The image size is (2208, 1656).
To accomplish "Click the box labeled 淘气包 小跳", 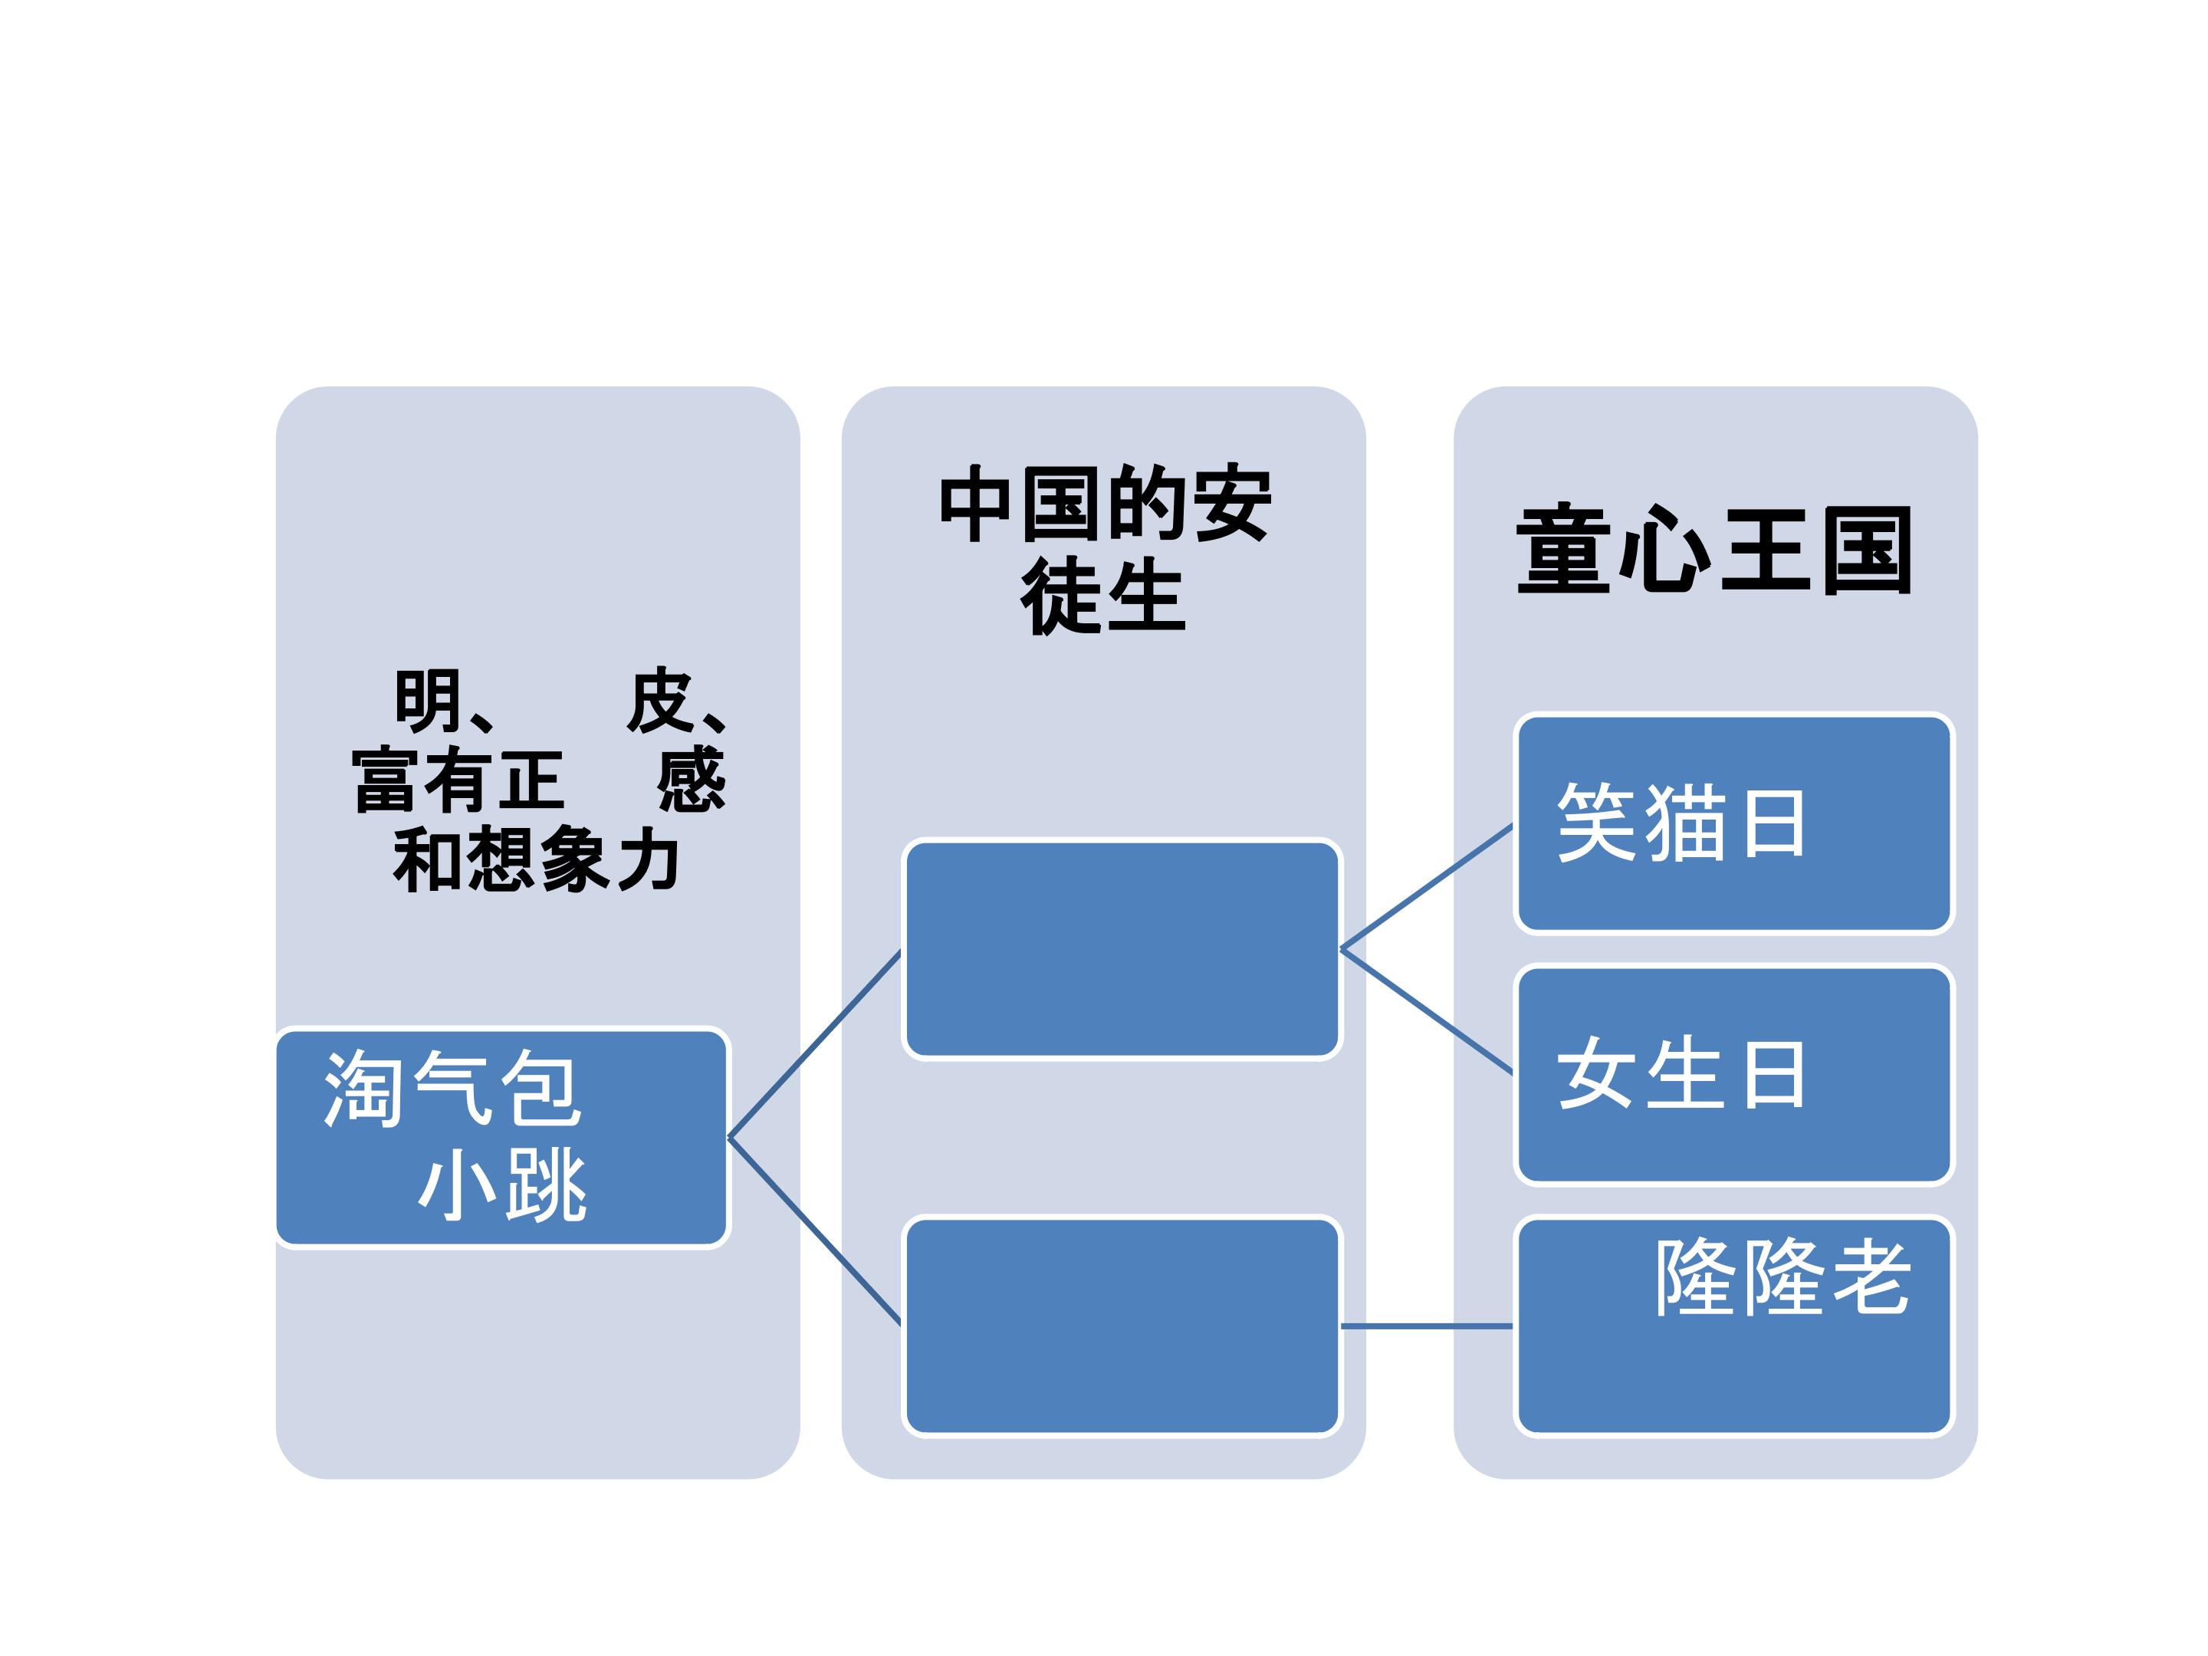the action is point(502,1138).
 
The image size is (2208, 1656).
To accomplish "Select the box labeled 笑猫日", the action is point(1734,823).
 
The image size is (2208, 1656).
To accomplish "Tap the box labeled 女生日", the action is point(1734,1074).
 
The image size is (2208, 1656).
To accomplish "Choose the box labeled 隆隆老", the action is point(1734,1326).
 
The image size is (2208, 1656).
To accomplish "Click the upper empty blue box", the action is point(1122,949).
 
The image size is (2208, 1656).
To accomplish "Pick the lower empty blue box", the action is point(1122,1326).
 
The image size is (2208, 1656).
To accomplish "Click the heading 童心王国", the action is point(1714,550).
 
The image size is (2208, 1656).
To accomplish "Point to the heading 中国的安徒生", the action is point(1105,549).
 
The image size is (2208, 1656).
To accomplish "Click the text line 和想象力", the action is point(537,859).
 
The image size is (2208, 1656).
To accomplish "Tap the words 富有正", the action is point(458,780).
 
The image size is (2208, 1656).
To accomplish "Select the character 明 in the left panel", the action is point(429,701).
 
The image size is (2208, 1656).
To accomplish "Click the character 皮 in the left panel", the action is point(660,701).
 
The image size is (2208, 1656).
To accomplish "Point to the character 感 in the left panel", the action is point(691,780).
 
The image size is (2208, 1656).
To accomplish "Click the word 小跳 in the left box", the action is point(503,1184).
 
